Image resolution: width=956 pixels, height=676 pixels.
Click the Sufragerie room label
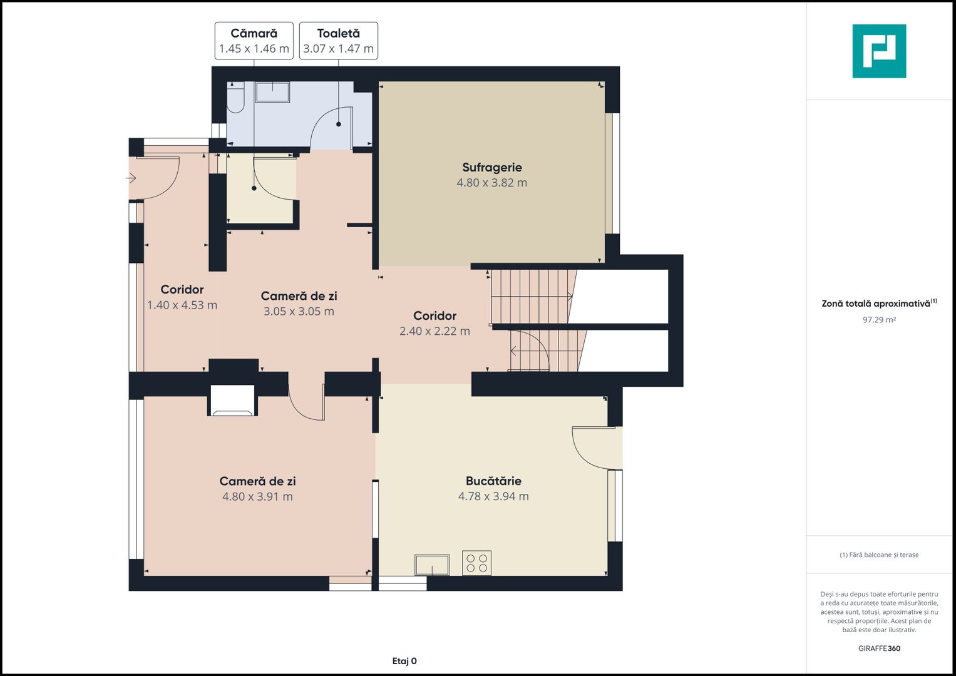click(x=491, y=167)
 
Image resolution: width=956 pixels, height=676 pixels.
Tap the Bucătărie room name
click(x=493, y=481)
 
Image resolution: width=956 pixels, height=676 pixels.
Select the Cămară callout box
click(x=254, y=41)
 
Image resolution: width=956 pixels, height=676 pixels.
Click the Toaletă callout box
click(x=339, y=41)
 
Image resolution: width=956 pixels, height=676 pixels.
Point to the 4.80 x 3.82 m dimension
click(x=491, y=183)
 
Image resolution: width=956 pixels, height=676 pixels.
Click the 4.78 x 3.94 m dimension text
click(x=493, y=496)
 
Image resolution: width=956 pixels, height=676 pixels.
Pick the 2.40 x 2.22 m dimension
click(x=434, y=331)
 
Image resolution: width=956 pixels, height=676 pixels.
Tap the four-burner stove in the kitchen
click(x=476, y=563)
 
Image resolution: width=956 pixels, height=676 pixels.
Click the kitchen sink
click(x=432, y=565)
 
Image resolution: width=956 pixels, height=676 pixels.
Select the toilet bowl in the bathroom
click(x=235, y=98)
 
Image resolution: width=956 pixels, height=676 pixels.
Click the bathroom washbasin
click(x=272, y=93)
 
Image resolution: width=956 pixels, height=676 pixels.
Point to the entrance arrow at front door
click(x=131, y=178)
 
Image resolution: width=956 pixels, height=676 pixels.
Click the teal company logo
click(x=879, y=51)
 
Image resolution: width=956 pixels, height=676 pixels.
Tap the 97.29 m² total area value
click(x=879, y=320)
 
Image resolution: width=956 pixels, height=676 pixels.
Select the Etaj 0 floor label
click(x=404, y=661)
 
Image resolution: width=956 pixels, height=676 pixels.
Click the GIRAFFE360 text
click(x=879, y=648)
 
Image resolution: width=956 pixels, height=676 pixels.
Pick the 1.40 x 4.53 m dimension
click(x=182, y=305)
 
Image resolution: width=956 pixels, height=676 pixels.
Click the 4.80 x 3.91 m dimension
click(x=257, y=497)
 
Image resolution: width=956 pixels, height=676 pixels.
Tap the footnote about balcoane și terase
click(x=879, y=555)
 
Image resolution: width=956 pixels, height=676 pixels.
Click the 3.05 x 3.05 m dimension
click(x=299, y=312)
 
